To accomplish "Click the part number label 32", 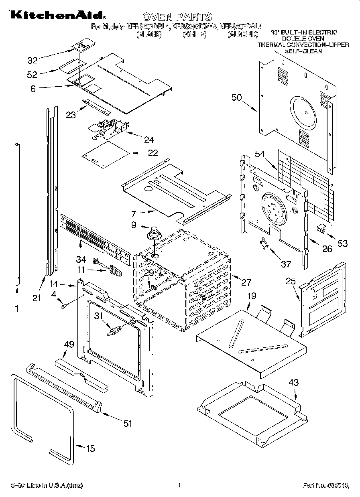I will click(32, 61).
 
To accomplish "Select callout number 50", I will click(237, 97).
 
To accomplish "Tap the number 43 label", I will click(294, 383).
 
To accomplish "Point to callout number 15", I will click(91, 448).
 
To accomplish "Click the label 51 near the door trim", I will click(128, 424).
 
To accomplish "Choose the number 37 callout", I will click(286, 264).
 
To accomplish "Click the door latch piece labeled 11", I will click(114, 272).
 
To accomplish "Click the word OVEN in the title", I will click(157, 16).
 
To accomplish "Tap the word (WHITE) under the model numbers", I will click(194, 35).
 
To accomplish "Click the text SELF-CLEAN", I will click(303, 51).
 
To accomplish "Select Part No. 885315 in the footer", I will click(325, 486).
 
